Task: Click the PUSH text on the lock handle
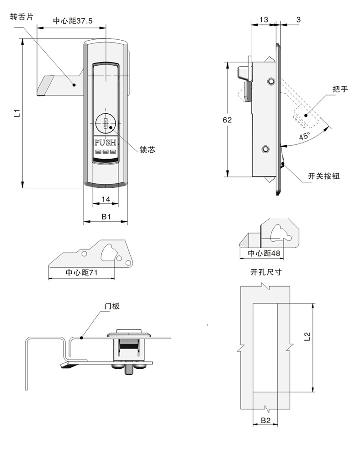106,142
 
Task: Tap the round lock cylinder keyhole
106,123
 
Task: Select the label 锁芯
148,149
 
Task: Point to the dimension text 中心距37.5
73,21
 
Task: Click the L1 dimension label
16,113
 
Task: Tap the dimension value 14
106,199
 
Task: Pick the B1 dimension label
106,217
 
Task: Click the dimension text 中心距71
82,273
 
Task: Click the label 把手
340,89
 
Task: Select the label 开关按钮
323,176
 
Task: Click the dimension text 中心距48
264,254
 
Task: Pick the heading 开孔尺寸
266,272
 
